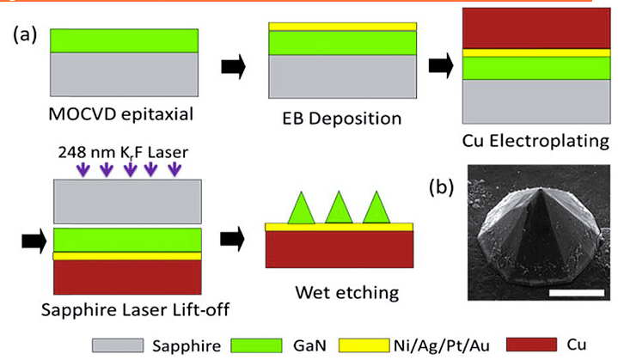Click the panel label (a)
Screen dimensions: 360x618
[x=26, y=35]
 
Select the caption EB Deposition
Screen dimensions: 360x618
[x=343, y=114]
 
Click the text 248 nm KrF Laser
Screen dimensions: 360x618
[x=130, y=154]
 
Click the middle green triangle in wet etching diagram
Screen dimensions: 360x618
[x=337, y=208]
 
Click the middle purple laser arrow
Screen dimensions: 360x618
[x=130, y=170]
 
